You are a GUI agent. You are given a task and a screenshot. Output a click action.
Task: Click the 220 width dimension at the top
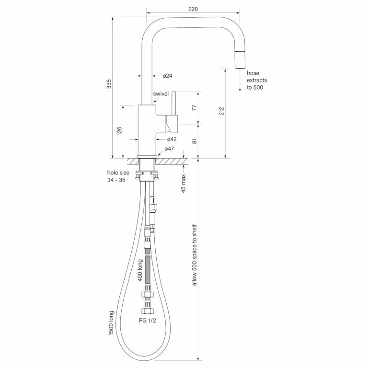[x=193, y=9]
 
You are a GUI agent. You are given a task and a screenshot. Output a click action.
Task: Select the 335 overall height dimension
[x=109, y=84]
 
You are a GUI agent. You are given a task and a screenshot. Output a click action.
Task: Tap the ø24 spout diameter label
[x=168, y=76]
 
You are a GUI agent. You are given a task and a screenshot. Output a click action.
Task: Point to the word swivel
[x=161, y=93]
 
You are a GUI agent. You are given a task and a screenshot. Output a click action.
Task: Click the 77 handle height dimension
[x=195, y=108]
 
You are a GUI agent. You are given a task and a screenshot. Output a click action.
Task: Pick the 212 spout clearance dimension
[x=221, y=111]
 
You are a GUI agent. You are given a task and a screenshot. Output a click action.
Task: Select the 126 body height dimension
[x=119, y=131]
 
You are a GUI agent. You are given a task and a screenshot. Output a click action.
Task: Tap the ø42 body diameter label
[x=172, y=139]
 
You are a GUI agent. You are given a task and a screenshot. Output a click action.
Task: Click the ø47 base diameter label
[x=169, y=149]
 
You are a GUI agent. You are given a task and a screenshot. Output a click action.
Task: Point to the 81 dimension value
[x=195, y=141]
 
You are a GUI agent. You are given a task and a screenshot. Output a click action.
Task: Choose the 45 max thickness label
[x=184, y=184]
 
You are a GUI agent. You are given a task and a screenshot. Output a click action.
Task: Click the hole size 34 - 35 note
[x=118, y=176]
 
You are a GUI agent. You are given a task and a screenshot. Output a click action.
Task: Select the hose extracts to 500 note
[x=257, y=80]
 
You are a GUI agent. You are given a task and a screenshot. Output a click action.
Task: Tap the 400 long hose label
[x=140, y=270]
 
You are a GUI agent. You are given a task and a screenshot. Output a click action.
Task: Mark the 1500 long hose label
[x=111, y=322]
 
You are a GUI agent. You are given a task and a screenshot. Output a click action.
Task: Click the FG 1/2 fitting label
[x=148, y=321]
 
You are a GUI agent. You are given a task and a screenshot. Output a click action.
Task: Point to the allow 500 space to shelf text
[x=195, y=255]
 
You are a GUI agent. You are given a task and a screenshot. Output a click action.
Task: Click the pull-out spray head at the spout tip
[x=240, y=59]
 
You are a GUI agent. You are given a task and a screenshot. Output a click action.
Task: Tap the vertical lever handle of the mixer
[x=174, y=103]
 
